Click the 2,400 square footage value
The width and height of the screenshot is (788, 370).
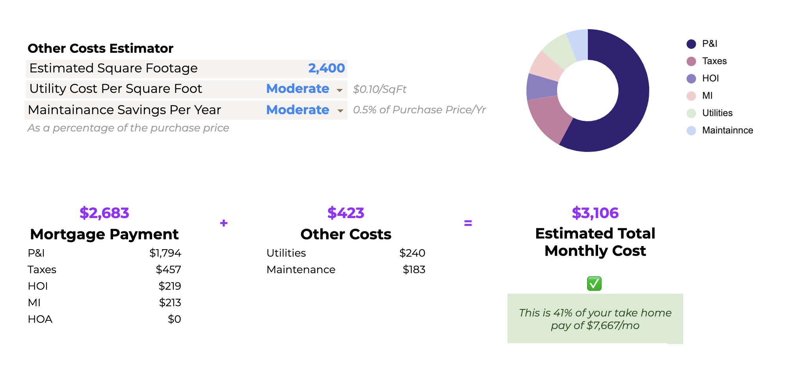click(326, 68)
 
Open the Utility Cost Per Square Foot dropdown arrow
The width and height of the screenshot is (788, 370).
click(340, 90)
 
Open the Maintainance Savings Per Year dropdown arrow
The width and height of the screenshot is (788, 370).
click(340, 111)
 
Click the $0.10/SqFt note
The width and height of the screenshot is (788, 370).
click(379, 89)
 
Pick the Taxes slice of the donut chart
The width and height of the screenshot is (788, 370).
click(550, 118)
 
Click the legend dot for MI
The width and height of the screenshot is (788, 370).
click(691, 96)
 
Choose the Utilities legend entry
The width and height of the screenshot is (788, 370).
click(717, 113)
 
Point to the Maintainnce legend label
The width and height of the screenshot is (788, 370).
click(727, 130)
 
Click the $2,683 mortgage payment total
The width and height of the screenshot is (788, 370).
click(104, 213)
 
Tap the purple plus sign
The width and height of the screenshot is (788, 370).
click(224, 223)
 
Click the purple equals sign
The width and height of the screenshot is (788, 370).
click(468, 223)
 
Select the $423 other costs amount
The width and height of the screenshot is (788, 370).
click(346, 213)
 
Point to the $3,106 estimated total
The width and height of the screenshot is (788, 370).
click(595, 213)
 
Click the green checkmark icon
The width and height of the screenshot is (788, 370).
click(594, 283)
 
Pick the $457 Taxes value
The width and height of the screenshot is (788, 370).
click(168, 270)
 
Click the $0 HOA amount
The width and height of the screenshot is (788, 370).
click(174, 319)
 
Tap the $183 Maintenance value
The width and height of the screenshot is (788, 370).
click(414, 270)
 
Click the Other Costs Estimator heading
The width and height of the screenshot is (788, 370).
click(100, 48)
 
